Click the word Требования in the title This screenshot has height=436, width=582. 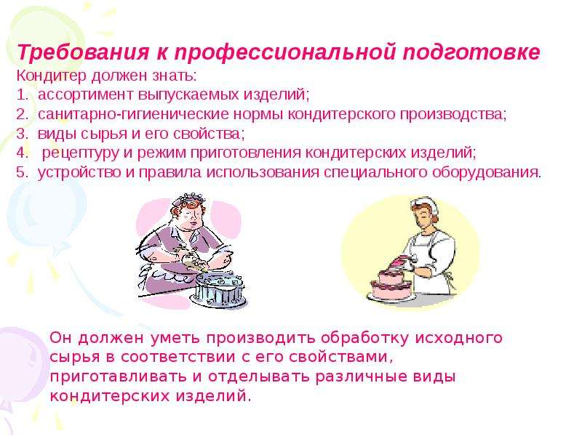click(83, 52)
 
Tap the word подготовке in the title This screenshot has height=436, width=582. click(471, 52)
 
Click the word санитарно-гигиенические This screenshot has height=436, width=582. click(134, 115)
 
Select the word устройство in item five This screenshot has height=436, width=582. click(79, 173)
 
